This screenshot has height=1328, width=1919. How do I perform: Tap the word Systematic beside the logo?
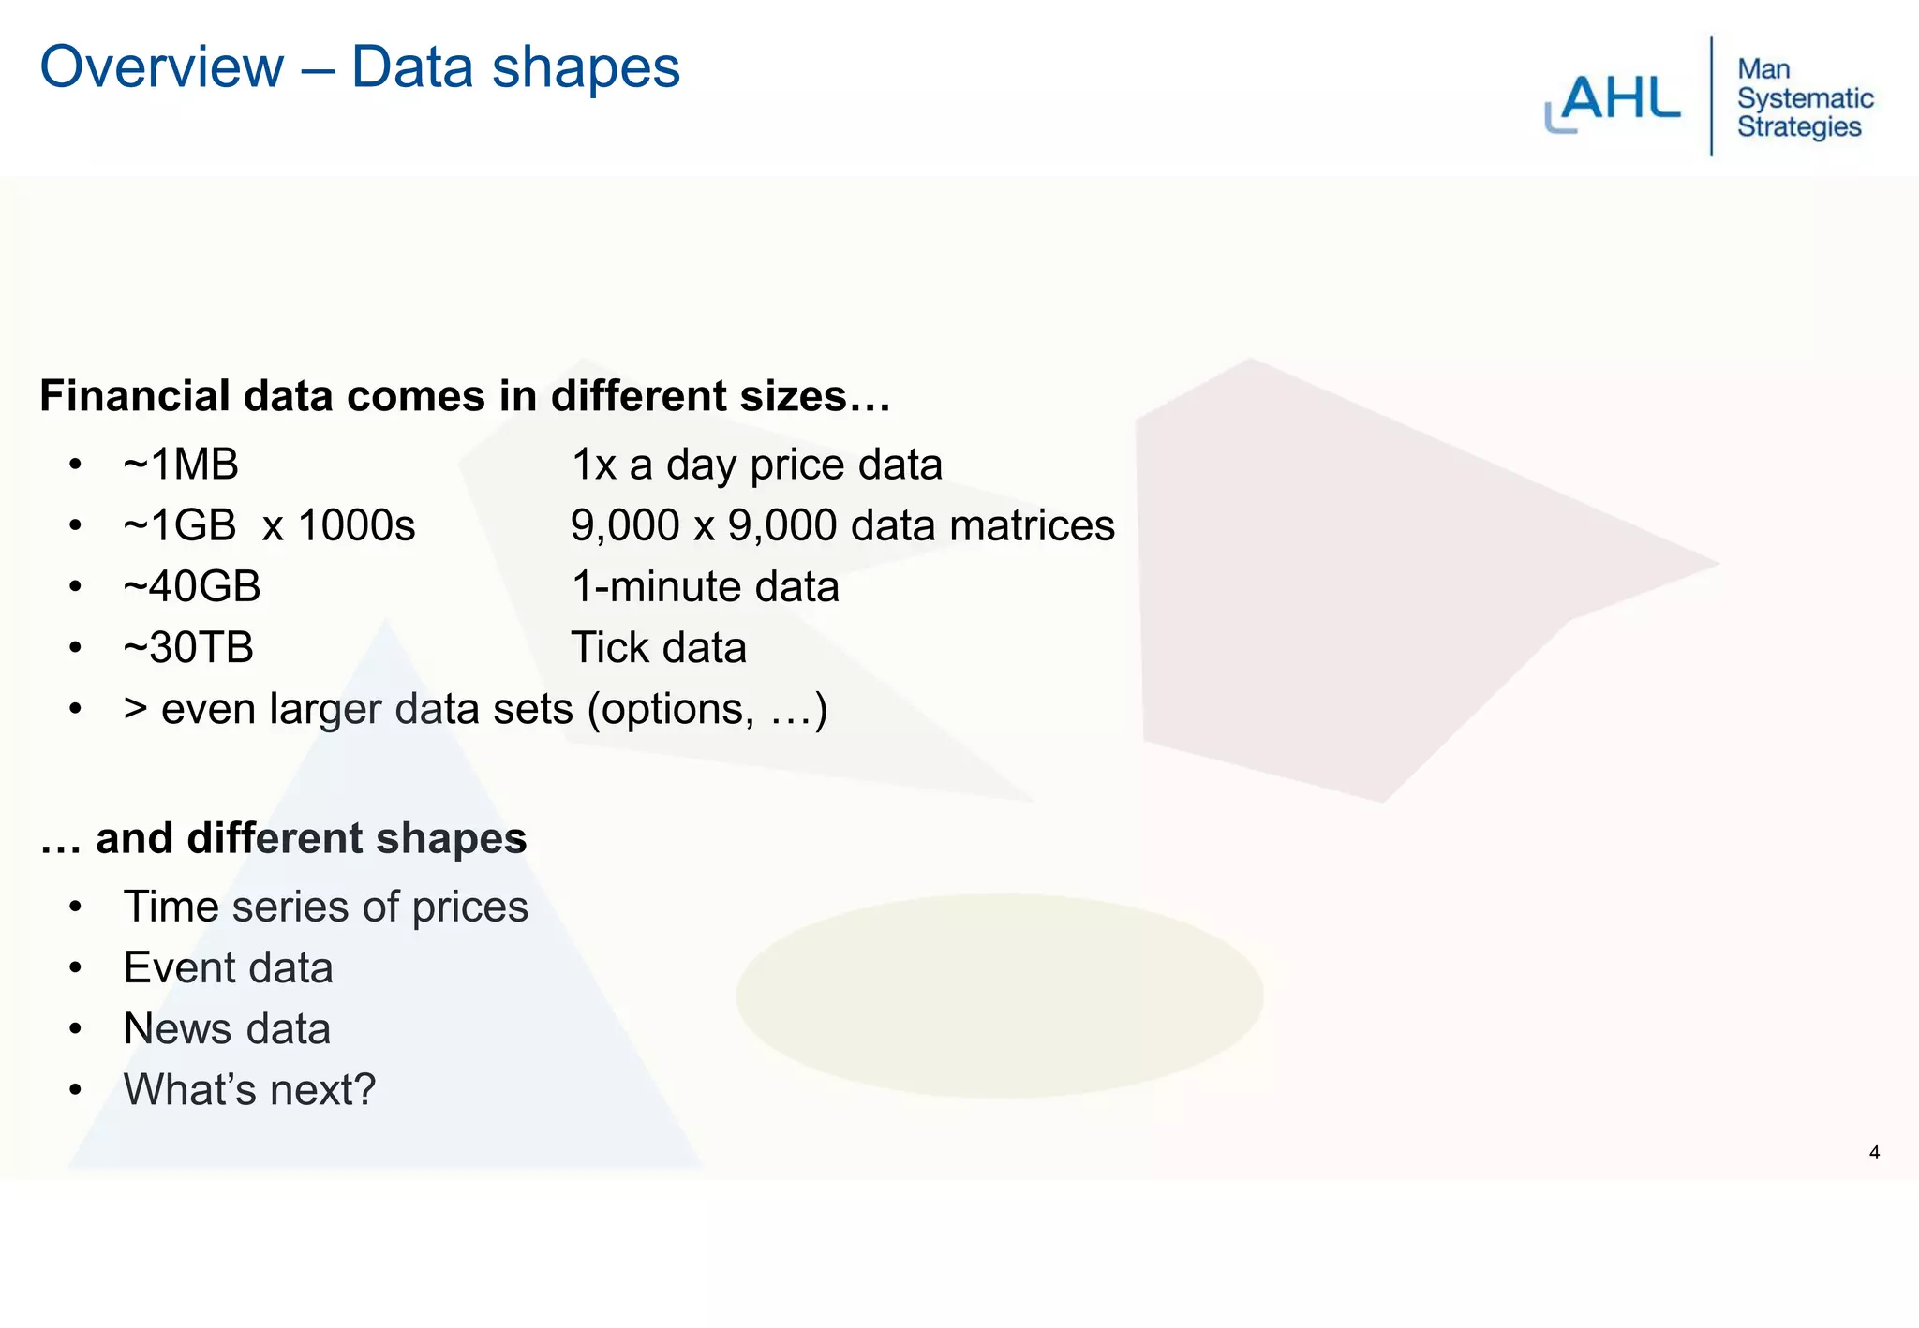click(1805, 98)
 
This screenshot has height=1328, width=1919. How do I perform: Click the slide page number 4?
click(1874, 1153)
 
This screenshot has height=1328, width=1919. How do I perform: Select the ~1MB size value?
click(181, 465)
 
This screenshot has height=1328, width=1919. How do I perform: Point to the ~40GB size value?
click(192, 587)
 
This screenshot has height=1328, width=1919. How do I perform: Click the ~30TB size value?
click(188, 648)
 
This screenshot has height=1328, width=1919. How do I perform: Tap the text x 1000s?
click(338, 525)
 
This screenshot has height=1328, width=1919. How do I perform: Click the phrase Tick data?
click(659, 648)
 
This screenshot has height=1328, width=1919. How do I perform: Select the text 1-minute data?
click(705, 587)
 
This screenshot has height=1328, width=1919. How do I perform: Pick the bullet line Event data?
click(228, 967)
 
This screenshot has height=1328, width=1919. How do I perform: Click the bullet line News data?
click(227, 1028)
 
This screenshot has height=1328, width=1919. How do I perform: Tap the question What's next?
click(249, 1089)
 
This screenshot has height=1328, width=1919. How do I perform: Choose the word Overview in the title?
click(162, 67)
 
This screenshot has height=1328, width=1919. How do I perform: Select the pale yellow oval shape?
click(999, 995)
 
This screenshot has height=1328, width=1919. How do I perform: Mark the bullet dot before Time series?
click(76, 907)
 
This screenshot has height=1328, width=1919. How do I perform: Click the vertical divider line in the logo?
click(1711, 96)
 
